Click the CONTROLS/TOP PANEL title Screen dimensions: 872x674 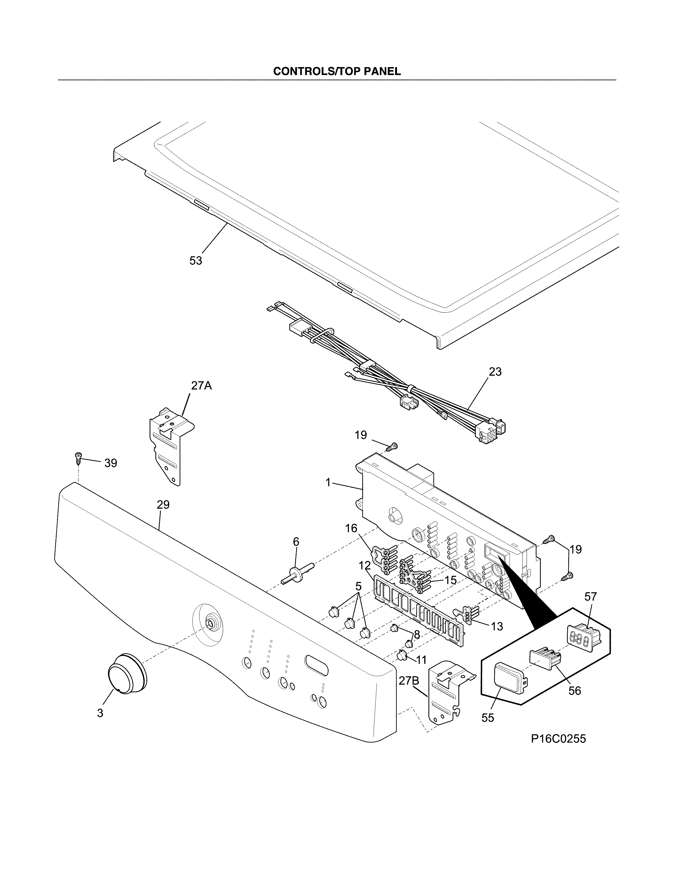tap(336, 71)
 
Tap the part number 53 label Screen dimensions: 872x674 tap(196, 261)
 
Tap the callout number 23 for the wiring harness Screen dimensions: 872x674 tap(495, 372)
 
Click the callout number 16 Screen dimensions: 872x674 tap(351, 528)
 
